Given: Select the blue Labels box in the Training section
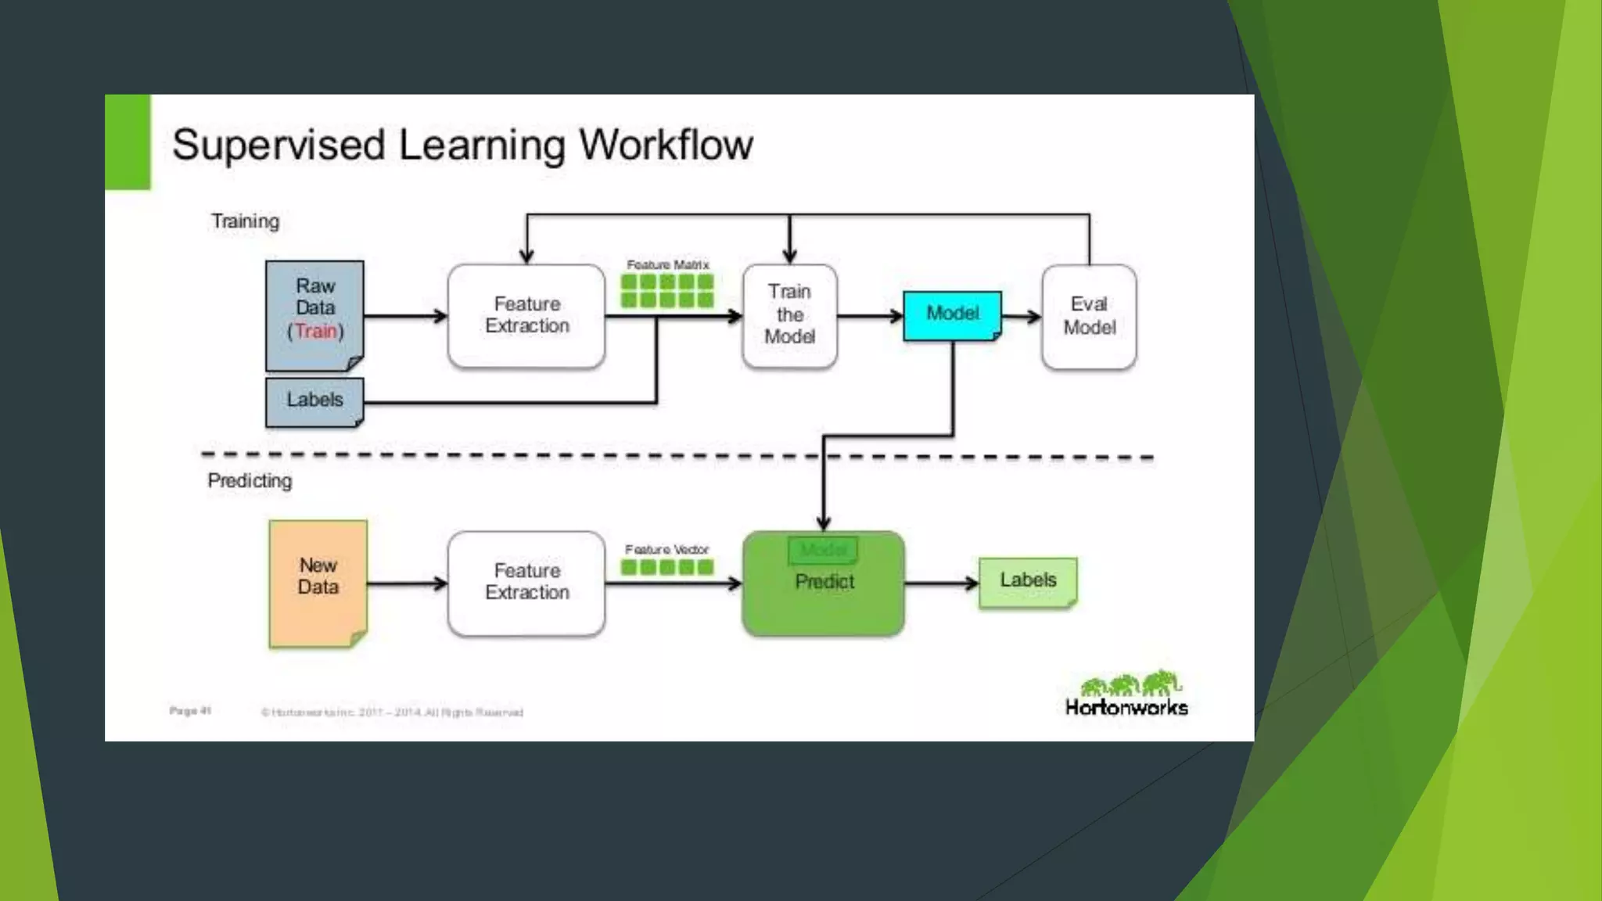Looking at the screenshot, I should tap(314, 401).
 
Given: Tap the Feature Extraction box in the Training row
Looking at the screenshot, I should tap(526, 315).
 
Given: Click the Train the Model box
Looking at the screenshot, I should tap(789, 315).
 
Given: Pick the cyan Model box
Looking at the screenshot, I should tap(952, 314).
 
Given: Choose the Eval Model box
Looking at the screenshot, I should tap(1089, 316).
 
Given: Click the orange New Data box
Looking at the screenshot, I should tap(318, 582).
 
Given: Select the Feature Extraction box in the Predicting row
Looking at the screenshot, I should tap(526, 583).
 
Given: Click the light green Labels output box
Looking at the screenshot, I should tap(1028, 581).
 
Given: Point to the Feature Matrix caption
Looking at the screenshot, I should tap(667, 265).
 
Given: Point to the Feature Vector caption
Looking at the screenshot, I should tap(666, 550).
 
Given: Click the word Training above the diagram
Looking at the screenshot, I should tap(245, 221).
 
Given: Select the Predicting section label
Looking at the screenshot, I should tap(250, 481).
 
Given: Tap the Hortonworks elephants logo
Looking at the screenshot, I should tap(1130, 684).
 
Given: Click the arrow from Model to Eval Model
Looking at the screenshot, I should tap(1022, 317).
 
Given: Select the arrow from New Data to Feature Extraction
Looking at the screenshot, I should tap(407, 583).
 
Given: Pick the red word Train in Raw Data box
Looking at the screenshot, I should tap(315, 332).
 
